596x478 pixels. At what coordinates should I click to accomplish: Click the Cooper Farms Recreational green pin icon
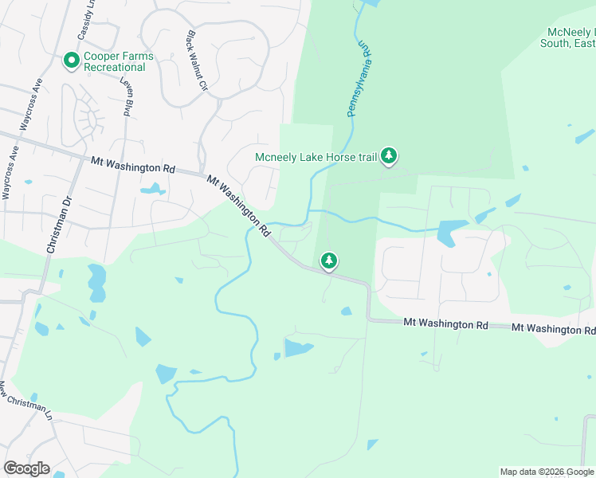[71, 61]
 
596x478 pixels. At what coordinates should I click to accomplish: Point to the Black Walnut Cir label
[196, 61]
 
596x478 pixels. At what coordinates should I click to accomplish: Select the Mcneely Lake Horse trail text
[316, 157]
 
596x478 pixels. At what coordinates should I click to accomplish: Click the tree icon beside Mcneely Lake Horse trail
[388, 155]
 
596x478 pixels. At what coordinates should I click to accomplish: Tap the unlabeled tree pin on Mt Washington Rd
[328, 261]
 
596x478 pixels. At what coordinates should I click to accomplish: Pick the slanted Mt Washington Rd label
[238, 206]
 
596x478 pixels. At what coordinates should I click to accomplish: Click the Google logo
[26, 468]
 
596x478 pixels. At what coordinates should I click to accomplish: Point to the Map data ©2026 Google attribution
[546, 472]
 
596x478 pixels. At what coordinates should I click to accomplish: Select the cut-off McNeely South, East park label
[569, 38]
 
